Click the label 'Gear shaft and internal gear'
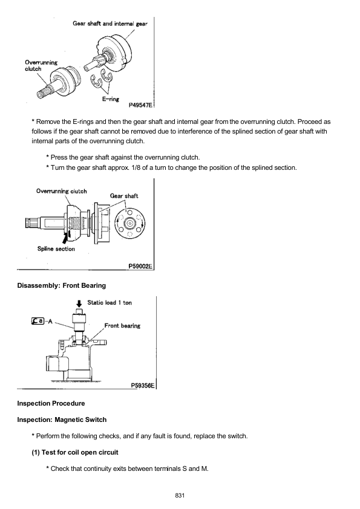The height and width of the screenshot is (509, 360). point(110,24)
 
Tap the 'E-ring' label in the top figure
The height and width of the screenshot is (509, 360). point(111,99)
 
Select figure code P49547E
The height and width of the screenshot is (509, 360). point(140,105)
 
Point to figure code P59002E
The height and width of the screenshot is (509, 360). point(140,266)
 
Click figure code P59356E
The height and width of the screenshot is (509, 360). point(143,385)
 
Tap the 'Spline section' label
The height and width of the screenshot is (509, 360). point(56,249)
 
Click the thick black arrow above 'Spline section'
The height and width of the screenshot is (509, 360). point(67,238)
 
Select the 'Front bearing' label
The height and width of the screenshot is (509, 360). point(122,326)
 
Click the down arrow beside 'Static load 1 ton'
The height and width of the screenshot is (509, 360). point(79,303)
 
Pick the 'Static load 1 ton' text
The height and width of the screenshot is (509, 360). point(110,302)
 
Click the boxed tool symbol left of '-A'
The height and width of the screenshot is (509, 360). point(38,321)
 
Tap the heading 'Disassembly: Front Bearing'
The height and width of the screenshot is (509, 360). point(61,286)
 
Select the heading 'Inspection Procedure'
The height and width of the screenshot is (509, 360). point(51,403)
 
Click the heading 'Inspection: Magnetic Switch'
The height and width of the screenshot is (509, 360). point(62,420)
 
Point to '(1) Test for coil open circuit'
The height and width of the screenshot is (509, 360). point(75,452)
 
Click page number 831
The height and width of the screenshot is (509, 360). point(180,495)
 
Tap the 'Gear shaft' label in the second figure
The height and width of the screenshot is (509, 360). point(124,196)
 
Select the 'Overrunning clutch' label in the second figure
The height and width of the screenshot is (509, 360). point(61,191)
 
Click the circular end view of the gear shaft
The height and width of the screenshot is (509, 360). point(129,223)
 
